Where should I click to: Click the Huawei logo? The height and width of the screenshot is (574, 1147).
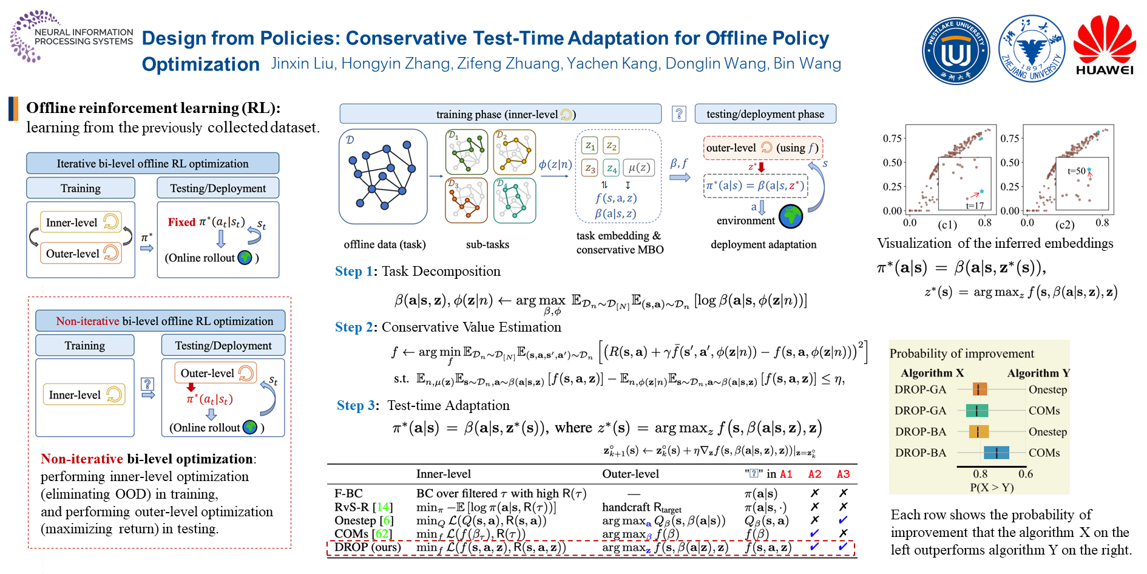1104,46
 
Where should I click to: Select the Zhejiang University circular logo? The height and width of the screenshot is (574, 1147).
1031,49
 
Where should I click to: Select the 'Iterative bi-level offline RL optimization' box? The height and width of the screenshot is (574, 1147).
152,163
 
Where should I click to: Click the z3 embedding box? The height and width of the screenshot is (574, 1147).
590,169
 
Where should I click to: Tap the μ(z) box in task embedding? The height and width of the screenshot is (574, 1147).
639,168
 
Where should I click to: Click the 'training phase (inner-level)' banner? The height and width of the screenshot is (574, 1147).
500,114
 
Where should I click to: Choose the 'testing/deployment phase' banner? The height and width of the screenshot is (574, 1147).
765,114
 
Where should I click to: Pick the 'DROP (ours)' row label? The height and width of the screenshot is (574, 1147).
368,547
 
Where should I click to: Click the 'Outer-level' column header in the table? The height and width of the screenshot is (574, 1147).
630,474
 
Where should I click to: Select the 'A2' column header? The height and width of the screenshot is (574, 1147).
814,474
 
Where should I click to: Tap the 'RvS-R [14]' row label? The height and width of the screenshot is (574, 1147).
364,507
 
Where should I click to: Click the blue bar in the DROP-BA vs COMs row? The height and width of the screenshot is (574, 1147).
996,453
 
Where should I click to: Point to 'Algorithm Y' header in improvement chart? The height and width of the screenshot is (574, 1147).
1038,373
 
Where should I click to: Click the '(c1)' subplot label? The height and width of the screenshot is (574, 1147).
947,225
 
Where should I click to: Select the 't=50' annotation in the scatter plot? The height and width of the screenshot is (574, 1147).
1076,171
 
